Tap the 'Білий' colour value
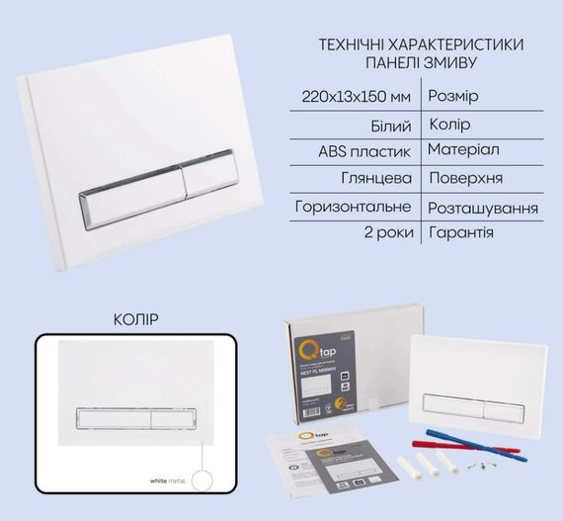point(393,126)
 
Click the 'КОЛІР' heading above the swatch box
point(136,319)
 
